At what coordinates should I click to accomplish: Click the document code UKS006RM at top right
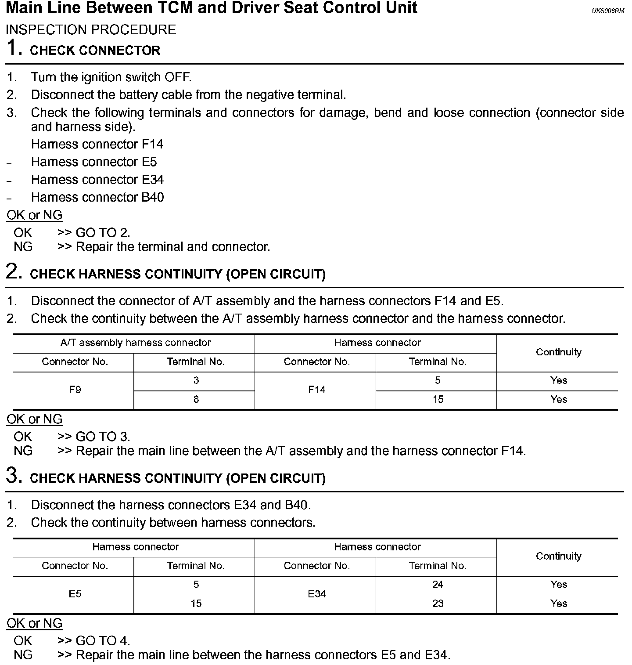[607, 11]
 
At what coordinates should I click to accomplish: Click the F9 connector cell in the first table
[75, 390]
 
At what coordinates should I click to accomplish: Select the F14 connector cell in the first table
[316, 390]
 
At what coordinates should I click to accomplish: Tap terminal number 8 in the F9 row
[196, 399]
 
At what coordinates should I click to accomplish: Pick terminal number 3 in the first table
[196, 380]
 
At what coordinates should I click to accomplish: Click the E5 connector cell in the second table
[75, 594]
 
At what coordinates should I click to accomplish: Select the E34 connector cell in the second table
[316, 594]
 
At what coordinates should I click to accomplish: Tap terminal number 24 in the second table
[438, 585]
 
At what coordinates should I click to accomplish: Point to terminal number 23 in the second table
[438, 604]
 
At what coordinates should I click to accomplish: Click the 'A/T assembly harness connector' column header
[135, 343]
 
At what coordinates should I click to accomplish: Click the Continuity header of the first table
[558, 352]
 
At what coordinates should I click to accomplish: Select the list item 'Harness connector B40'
[97, 197]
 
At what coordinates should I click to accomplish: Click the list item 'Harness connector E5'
[93, 162]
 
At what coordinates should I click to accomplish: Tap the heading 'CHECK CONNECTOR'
[95, 51]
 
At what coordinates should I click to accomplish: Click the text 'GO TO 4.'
[103, 641]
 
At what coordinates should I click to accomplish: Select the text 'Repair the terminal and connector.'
[172, 247]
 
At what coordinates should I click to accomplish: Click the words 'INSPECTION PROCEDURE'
[91, 30]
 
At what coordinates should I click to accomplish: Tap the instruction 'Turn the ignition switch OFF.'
[111, 77]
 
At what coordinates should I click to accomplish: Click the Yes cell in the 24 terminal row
[558, 585]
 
